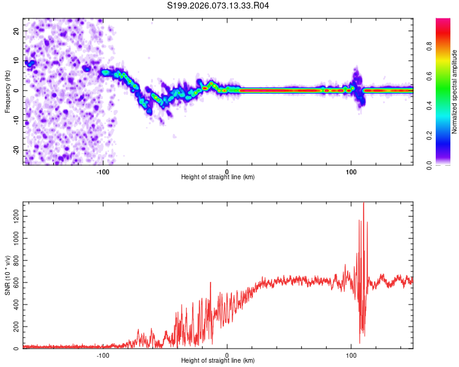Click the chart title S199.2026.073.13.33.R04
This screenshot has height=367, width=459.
tap(218, 6)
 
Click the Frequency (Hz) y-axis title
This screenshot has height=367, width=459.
tap(7, 91)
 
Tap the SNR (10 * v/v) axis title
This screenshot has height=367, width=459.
tap(7, 275)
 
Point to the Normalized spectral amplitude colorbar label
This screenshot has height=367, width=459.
tap(455, 92)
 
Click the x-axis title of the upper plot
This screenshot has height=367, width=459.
tap(218, 177)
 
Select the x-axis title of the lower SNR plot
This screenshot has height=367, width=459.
tap(218, 360)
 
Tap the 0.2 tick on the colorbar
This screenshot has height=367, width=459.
tap(429, 136)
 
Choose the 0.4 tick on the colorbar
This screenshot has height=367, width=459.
tap(429, 106)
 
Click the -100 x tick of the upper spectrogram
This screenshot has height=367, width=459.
tap(103, 171)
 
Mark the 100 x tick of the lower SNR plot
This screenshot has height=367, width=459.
tap(351, 354)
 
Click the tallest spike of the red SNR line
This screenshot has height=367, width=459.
tap(364, 204)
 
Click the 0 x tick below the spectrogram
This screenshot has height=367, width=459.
tap(227, 171)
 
